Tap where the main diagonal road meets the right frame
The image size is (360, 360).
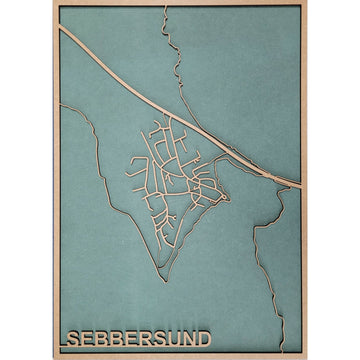point(301,185)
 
